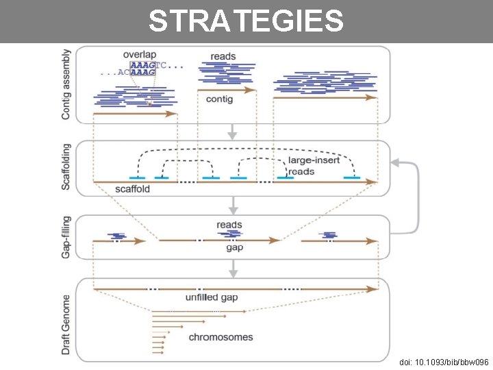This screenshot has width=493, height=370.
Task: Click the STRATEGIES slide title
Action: pyautogui.click(x=246, y=21)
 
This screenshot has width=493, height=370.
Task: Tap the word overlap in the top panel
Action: pyautogui.click(x=140, y=54)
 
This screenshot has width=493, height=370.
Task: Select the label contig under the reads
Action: pyautogui.click(x=219, y=99)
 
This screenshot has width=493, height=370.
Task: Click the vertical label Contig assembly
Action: pyautogui.click(x=66, y=84)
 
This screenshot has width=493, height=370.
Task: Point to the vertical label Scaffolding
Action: pyautogui.click(x=66, y=166)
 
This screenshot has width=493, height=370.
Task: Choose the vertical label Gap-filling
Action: pyautogui.click(x=66, y=236)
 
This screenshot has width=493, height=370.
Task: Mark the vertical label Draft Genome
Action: pyautogui.click(x=66, y=324)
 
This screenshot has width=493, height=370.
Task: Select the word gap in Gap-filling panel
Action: pyautogui.click(x=235, y=247)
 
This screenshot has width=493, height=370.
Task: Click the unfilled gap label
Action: pyautogui.click(x=211, y=298)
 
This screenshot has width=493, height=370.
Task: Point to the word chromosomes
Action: pyautogui.click(x=220, y=337)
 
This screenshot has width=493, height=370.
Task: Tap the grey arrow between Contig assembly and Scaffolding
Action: pyautogui.click(x=233, y=131)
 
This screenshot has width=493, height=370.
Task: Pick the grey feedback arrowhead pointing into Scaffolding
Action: pyautogui.click(x=395, y=162)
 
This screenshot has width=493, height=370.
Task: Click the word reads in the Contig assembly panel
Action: pyautogui.click(x=223, y=56)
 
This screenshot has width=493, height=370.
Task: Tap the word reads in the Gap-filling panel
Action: pyautogui.click(x=229, y=225)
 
